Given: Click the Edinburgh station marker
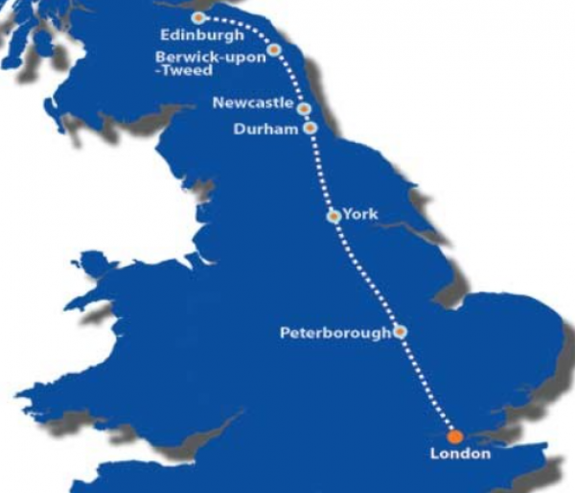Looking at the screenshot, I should pos(198,17).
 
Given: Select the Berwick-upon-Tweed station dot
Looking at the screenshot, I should pos(274,50).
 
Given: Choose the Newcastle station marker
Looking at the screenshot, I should pos(304,108).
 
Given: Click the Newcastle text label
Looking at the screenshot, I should pos(254,103).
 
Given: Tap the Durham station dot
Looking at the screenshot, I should pos(310,128).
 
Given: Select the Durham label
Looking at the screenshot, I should pos(266,130).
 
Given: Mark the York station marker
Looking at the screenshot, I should pos(333,216).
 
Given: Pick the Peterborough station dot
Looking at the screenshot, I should pos(400,332).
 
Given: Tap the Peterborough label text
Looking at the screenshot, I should pos(335,334).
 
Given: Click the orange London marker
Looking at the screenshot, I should pos(454,436).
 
